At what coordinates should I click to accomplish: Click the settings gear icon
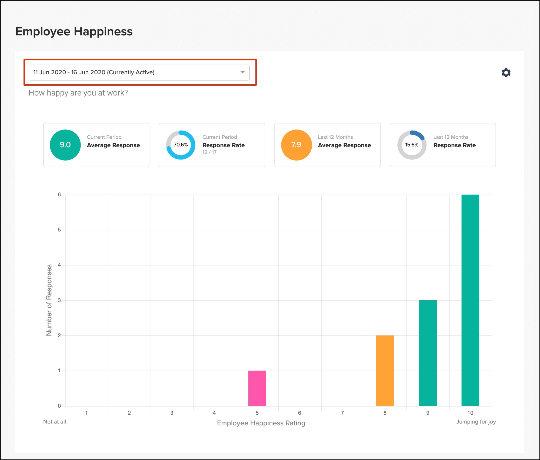(506, 72)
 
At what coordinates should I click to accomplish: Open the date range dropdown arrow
(242, 72)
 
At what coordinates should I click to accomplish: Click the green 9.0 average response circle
(65, 145)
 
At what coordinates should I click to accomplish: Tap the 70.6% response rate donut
(181, 145)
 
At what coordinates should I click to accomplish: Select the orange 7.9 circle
(296, 145)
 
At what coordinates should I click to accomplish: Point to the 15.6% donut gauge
(412, 145)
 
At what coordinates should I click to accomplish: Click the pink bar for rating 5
(257, 388)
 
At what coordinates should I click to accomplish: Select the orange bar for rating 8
(385, 371)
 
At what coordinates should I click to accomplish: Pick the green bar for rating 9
(428, 353)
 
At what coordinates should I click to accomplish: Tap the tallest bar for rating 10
(470, 300)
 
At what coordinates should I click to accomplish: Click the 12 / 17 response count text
(209, 152)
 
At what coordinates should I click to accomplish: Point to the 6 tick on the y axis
(59, 195)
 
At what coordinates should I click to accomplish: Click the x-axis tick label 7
(342, 413)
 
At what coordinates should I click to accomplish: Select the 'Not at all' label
(55, 422)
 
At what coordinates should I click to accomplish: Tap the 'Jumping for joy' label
(476, 422)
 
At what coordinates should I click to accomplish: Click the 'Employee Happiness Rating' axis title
(261, 423)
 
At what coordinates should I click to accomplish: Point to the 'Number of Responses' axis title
(49, 300)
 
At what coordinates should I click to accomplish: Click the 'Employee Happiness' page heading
(74, 31)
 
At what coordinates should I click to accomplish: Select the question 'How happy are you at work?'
(78, 93)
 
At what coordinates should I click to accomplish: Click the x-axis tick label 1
(86, 413)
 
